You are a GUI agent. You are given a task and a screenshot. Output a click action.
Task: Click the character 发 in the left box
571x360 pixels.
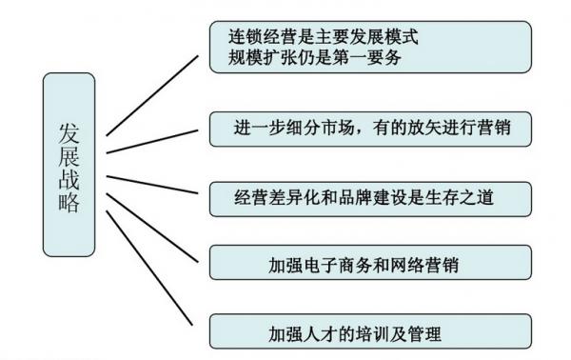click(68, 130)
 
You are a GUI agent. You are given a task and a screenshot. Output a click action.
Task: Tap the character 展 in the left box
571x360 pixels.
click(68, 154)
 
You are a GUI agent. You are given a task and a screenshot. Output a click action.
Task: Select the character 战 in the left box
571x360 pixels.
click(68, 179)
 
